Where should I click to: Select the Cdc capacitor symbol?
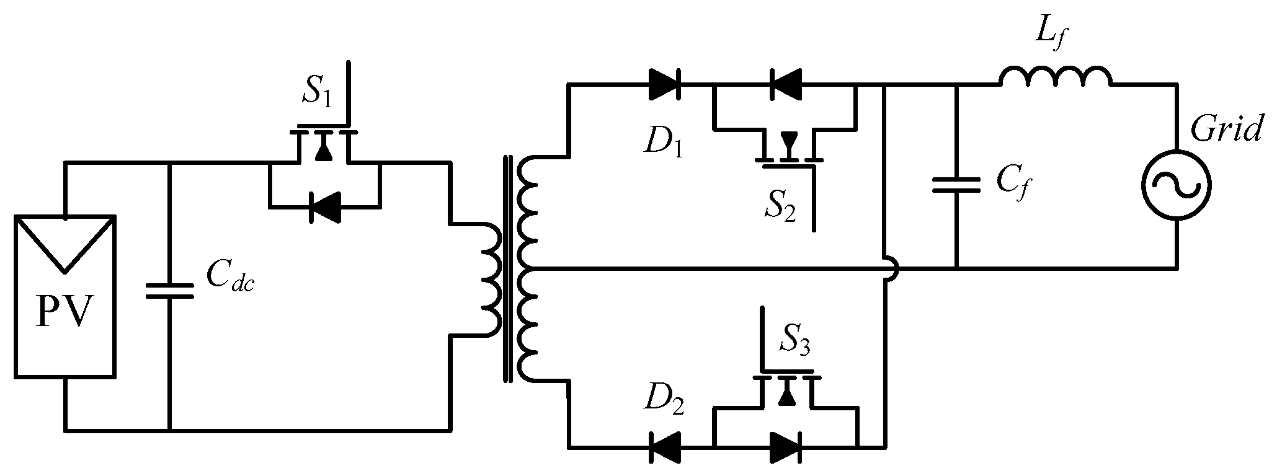pyautogui.click(x=169, y=291)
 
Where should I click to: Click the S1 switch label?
pyautogui.click(x=318, y=92)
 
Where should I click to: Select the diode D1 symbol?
pyautogui.click(x=664, y=84)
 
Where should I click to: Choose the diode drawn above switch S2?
pyautogui.click(x=785, y=84)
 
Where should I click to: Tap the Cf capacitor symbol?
pyautogui.click(x=956, y=185)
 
